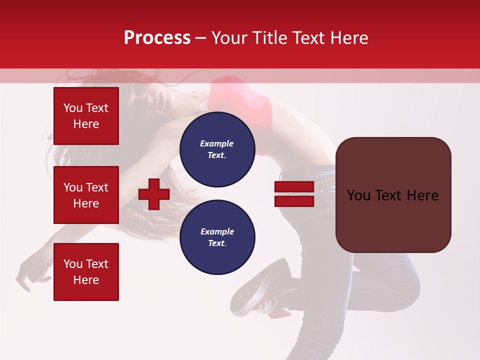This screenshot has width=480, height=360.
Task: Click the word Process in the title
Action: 157,38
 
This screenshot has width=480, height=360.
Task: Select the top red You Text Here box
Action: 86,116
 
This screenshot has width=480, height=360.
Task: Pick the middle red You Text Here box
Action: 86,195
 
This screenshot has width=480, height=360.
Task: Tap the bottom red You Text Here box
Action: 86,271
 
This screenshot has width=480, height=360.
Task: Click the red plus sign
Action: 154,194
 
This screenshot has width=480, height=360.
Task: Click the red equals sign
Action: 294,194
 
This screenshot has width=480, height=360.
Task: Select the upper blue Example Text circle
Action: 217,149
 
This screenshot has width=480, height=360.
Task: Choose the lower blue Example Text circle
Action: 217,237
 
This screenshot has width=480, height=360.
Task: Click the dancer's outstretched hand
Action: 30,275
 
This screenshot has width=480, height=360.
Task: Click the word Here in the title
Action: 347,38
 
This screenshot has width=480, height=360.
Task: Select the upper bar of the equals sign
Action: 294,186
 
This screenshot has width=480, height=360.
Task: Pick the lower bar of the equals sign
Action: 294,201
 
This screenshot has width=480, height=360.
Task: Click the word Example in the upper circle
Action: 217,143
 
